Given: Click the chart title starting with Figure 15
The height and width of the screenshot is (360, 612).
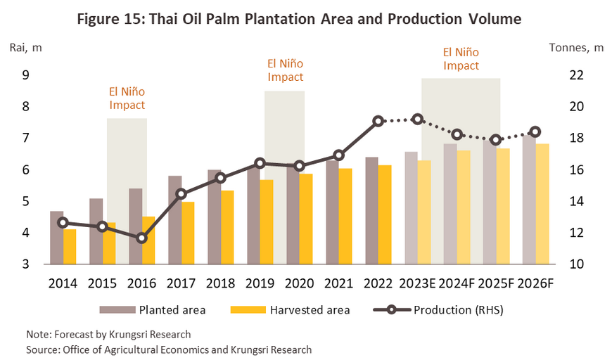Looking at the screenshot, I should click(x=306, y=19).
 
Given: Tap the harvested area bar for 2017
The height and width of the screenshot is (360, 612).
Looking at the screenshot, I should click(x=187, y=233).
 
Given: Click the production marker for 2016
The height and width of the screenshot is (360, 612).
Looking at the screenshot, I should click(x=141, y=238).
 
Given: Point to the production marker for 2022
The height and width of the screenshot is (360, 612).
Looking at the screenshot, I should click(x=378, y=121).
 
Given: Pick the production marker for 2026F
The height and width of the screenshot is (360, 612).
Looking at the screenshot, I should click(x=535, y=131).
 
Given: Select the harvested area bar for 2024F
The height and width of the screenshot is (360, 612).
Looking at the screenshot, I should click(x=464, y=207).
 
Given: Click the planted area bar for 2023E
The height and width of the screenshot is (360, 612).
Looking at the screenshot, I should click(x=411, y=208).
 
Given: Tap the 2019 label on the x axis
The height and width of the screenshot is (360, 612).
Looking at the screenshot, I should click(x=260, y=283).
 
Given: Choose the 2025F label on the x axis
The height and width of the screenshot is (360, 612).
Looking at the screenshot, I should click(x=497, y=283).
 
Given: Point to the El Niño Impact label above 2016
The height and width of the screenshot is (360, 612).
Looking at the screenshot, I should click(x=127, y=98).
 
